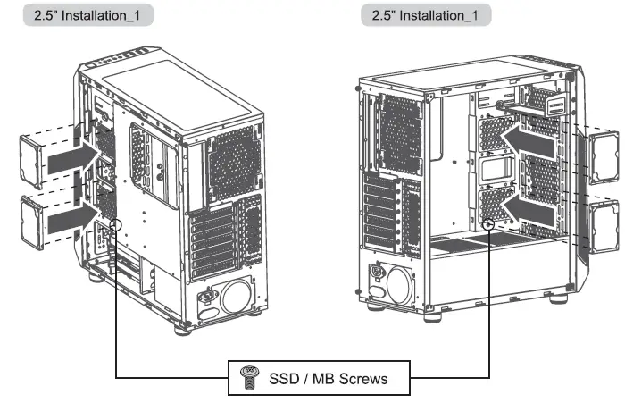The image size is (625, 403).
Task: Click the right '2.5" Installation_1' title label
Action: (x=425, y=16)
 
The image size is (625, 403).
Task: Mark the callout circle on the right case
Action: (x=490, y=225)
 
